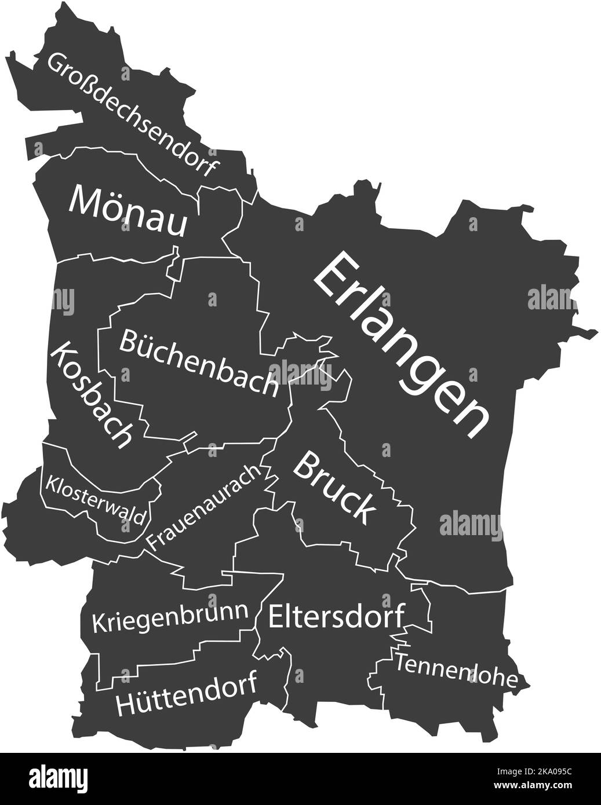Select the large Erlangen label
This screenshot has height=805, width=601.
point(400,344)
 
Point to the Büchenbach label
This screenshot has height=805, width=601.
point(198,363)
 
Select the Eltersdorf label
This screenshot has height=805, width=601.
point(336,616)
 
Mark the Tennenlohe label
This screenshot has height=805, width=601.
point(456,670)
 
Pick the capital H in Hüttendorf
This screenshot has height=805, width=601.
point(127,704)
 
